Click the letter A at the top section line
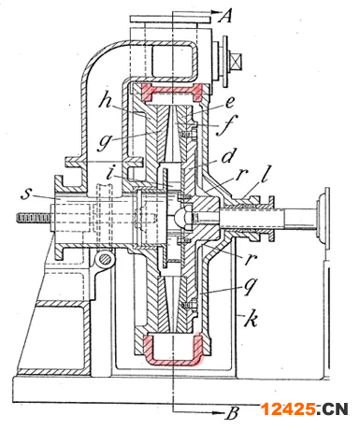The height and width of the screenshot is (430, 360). coord(225,15)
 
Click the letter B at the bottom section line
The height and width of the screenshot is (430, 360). coord(232,413)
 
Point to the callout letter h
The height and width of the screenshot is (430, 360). coord(107,99)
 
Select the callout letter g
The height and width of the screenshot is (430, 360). coord(105,142)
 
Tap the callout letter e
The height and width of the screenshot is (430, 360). coord(230,102)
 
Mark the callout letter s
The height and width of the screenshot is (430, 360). coord(26,193)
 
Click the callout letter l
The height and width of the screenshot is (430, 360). coord(265,174)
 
